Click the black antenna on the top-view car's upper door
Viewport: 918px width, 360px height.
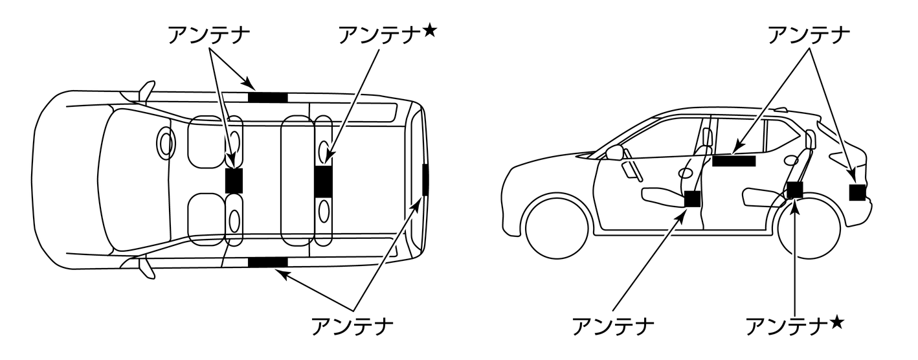point(267,98)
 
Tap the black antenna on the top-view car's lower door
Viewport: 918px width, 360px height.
point(267,262)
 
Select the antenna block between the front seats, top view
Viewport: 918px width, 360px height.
point(234,180)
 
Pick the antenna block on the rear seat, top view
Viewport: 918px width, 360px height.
point(323,181)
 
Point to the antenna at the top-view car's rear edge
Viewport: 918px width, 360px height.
point(425,179)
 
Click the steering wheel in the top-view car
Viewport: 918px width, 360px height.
point(166,144)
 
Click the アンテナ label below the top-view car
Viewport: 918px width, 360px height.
point(353,325)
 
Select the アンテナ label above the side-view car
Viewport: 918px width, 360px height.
point(808,36)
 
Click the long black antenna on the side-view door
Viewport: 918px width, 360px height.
point(733,161)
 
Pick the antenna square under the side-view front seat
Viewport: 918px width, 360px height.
point(693,199)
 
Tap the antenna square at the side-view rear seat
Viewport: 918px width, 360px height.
point(795,190)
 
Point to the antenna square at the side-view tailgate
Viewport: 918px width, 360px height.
point(858,192)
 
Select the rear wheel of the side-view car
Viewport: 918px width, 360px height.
point(809,227)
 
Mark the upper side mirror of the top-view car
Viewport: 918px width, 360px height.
point(147,91)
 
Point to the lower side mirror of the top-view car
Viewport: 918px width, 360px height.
point(147,267)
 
